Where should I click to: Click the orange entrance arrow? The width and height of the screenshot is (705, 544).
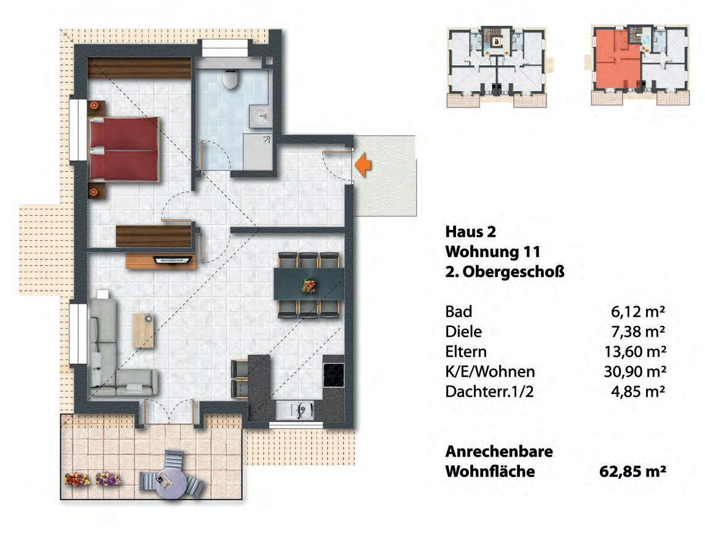pyautogui.click(x=364, y=165)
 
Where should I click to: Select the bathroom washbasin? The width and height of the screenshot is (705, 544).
pyautogui.click(x=261, y=115)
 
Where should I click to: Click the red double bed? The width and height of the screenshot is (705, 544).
pyautogui.click(x=125, y=149)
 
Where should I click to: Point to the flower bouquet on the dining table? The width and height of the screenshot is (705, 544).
pyautogui.click(x=308, y=285)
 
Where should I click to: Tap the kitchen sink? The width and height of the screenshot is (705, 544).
pyautogui.click(x=302, y=408)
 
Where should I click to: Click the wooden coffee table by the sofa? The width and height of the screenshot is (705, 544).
pyautogui.click(x=144, y=329)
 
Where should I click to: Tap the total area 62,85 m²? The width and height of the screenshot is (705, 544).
pyautogui.click(x=632, y=472)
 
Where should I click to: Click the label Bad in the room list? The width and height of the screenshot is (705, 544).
pyautogui.click(x=459, y=312)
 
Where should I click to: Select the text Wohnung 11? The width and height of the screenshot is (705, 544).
pyautogui.click(x=492, y=252)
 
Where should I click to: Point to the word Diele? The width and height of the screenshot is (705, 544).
pyautogui.click(x=463, y=332)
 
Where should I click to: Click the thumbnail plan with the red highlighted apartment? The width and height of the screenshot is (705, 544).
pyautogui.click(x=639, y=66)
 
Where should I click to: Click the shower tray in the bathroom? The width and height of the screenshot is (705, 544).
pyautogui.click(x=258, y=151)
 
